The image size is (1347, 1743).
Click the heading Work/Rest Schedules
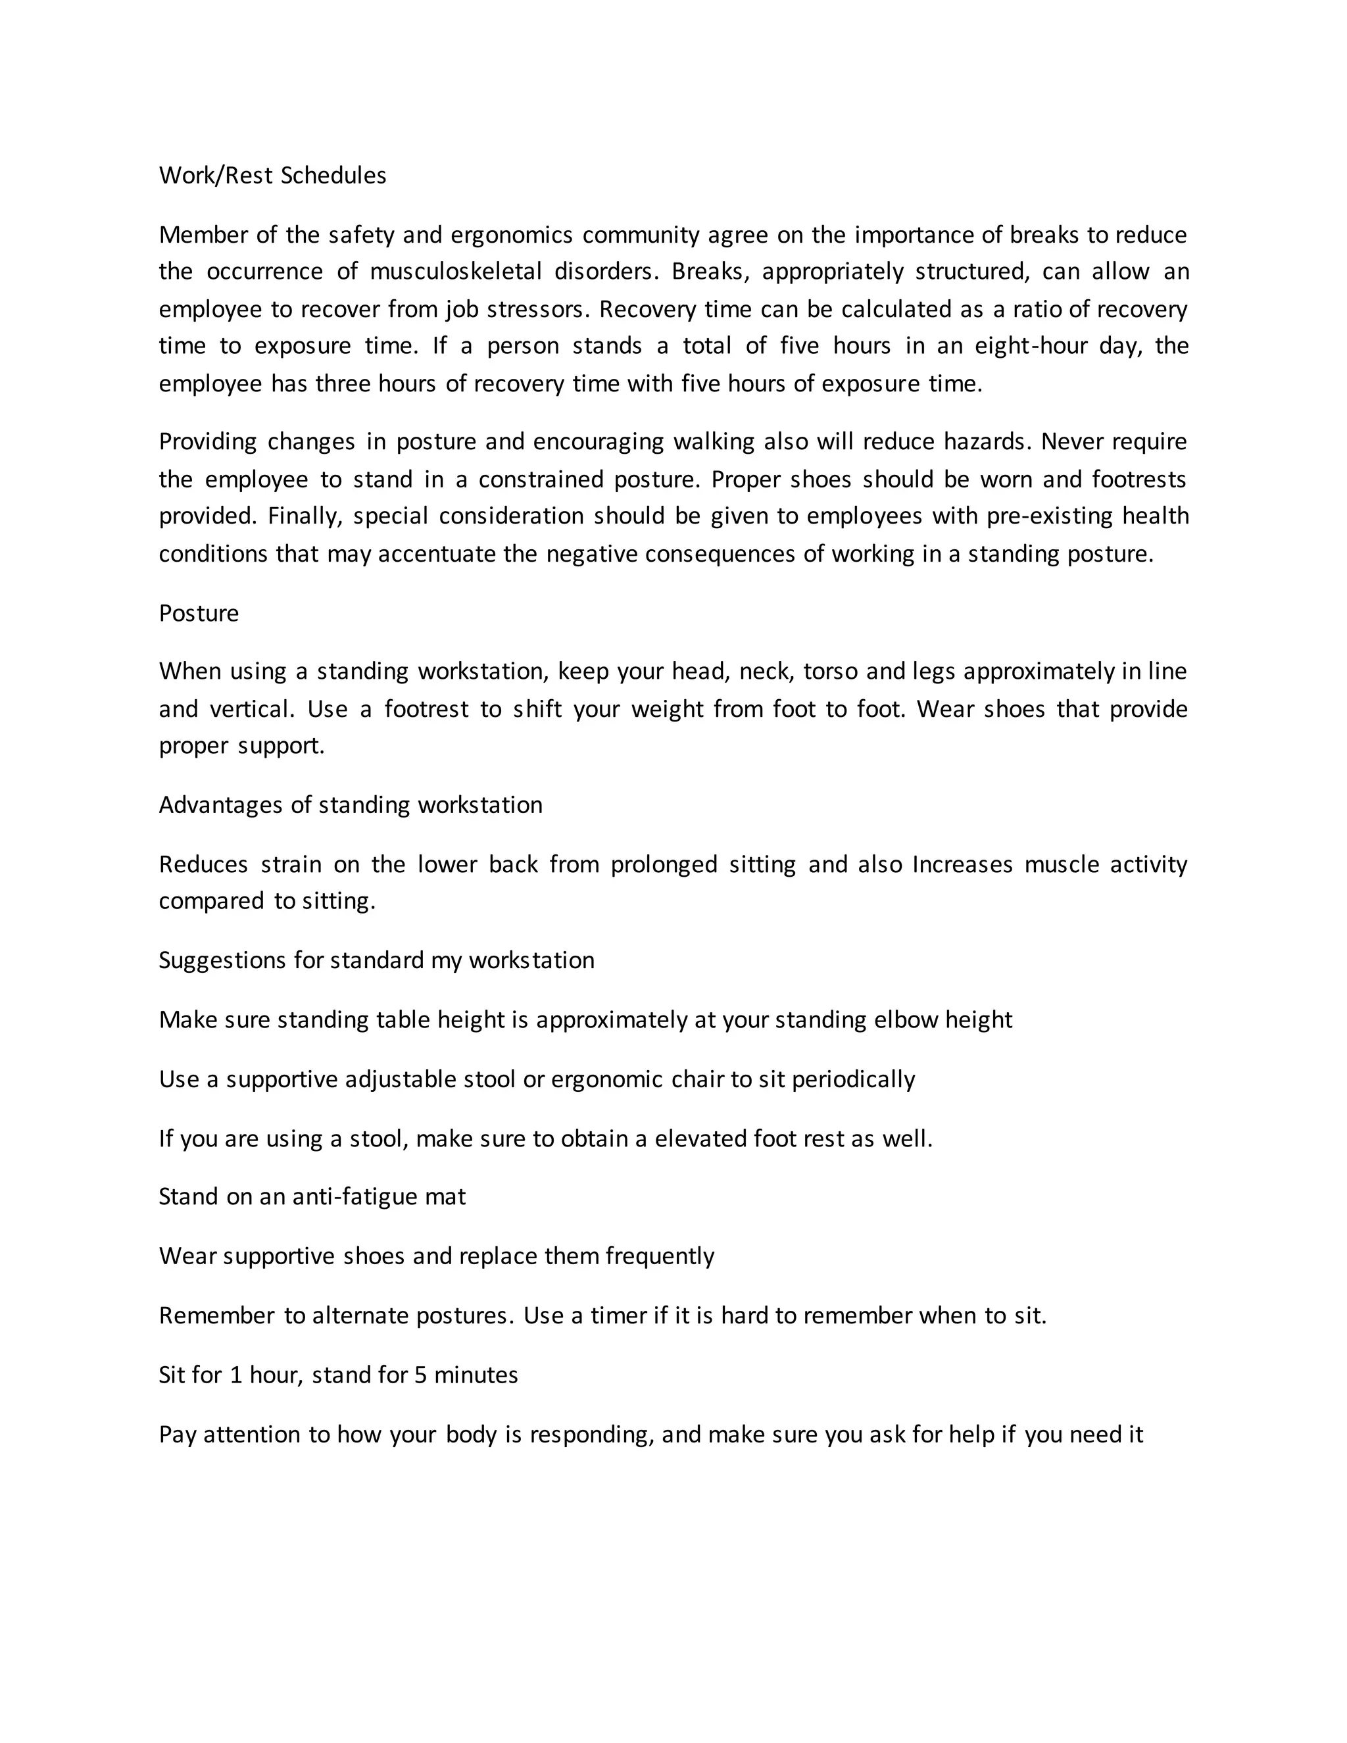tap(272, 176)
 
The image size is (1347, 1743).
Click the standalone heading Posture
tap(199, 613)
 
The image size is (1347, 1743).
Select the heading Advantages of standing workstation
tap(351, 804)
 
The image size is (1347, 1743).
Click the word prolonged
tap(664, 864)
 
